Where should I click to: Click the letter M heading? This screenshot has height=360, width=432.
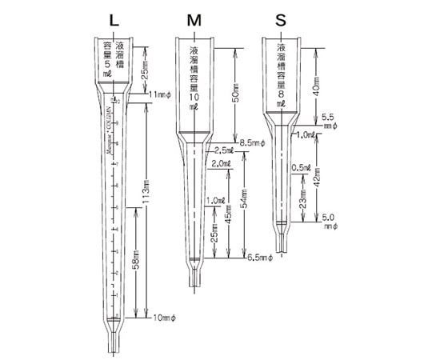(x=194, y=18)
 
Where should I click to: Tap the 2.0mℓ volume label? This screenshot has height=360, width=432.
(x=222, y=164)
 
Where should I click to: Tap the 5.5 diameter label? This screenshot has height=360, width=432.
(x=328, y=116)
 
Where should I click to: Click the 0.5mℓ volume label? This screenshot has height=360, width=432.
(x=301, y=167)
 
